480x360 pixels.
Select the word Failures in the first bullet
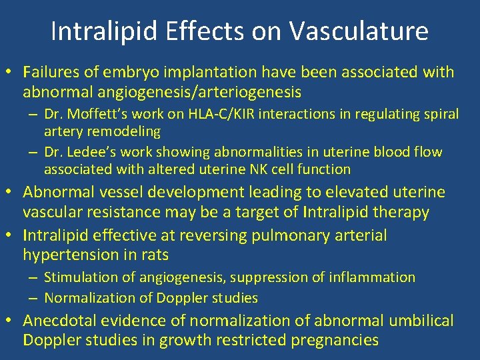point(48,71)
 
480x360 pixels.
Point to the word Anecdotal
point(58,321)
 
